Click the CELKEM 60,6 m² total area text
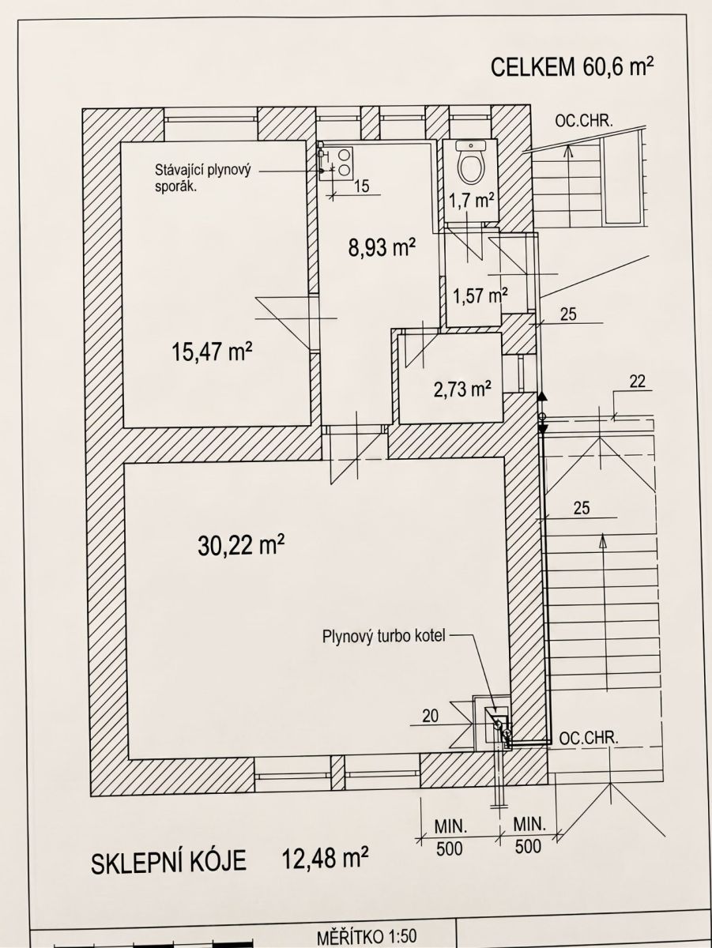coord(571,67)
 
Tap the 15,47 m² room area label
coord(212,352)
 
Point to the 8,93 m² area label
coord(382,248)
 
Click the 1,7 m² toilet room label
coord(472,201)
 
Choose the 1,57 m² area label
coord(480,295)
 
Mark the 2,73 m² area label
coord(461,389)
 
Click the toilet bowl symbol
coord(471,163)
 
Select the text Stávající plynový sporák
coord(202,178)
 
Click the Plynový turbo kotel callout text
coord(383,637)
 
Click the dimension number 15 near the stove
coord(362,186)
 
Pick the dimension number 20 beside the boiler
coord(430,716)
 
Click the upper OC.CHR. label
coord(584,122)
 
